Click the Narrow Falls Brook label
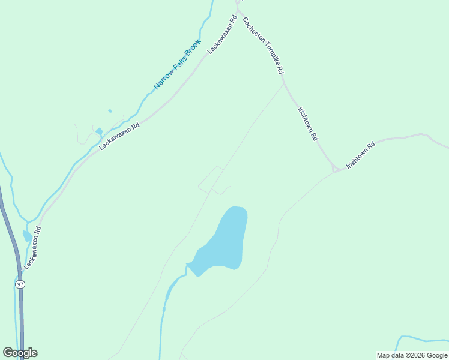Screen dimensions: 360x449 (177, 64)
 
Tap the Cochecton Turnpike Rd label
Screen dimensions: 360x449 (263, 45)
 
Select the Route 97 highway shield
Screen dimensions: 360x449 (20, 284)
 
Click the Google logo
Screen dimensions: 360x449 (20, 353)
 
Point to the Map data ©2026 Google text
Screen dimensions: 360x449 (412, 355)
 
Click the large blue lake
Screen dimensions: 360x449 (225, 240)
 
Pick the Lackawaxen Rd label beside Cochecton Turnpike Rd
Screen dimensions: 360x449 (220, 37)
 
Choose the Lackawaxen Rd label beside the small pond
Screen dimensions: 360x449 (119, 136)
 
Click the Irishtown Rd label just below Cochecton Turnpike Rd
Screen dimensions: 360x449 (308, 124)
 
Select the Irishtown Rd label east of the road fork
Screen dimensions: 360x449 (361, 155)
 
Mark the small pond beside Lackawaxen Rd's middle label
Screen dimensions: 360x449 (99, 131)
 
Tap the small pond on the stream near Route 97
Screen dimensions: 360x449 (27, 236)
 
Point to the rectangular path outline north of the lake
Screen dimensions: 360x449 (211, 179)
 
